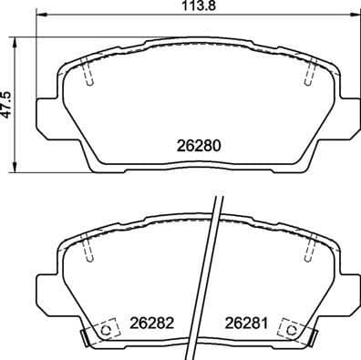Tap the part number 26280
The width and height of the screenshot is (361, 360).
(199, 145)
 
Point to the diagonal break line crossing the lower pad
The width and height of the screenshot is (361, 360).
(210, 273)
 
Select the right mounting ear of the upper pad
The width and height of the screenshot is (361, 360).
(348, 114)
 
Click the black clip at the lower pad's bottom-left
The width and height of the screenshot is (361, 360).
(85, 340)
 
